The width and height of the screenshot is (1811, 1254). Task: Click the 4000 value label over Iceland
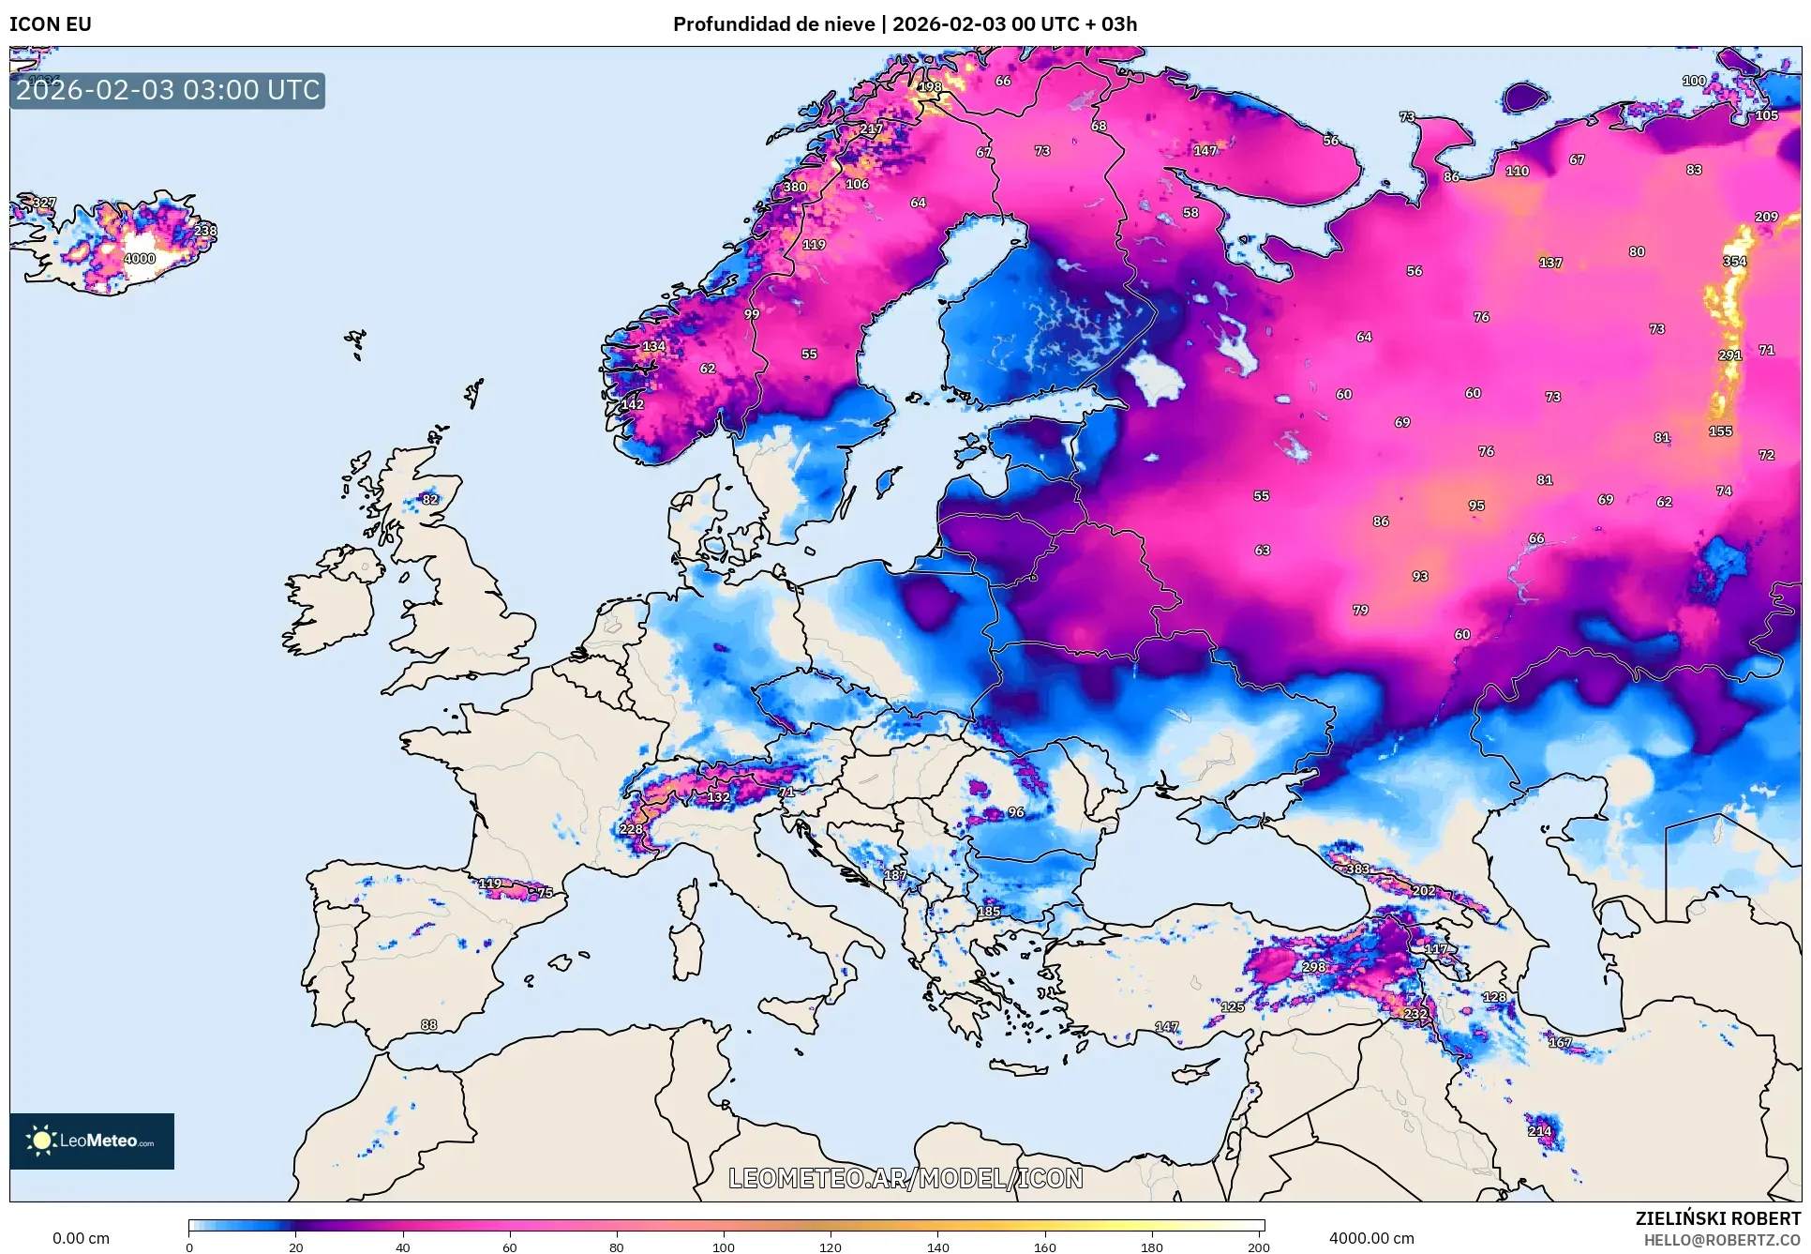140,259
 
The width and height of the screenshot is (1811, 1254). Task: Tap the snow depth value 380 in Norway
795,187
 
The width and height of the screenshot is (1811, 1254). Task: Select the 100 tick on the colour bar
723,1246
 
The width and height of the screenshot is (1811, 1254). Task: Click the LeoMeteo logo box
92,1141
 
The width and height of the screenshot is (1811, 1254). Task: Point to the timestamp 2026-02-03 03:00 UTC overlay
168,90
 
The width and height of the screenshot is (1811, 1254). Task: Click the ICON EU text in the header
51,24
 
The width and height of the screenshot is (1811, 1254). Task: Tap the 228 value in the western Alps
631,829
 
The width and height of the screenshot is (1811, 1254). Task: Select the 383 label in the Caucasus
1358,869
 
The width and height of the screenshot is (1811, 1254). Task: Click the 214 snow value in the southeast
1539,1131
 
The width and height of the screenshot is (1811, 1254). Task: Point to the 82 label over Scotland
430,499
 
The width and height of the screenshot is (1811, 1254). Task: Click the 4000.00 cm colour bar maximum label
1371,1238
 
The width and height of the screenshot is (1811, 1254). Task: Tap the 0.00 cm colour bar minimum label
81,1238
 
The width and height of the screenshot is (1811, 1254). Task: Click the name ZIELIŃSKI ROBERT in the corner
1717,1218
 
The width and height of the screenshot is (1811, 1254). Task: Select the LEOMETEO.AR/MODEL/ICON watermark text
905,1178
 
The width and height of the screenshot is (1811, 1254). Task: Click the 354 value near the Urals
1734,262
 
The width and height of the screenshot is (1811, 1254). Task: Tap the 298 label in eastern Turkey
1314,967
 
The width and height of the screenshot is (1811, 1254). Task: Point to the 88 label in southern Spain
428,1025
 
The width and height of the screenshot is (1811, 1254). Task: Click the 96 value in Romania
1016,812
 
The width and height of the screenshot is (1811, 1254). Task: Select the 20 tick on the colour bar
296,1246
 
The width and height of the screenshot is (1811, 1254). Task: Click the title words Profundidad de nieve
773,24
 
